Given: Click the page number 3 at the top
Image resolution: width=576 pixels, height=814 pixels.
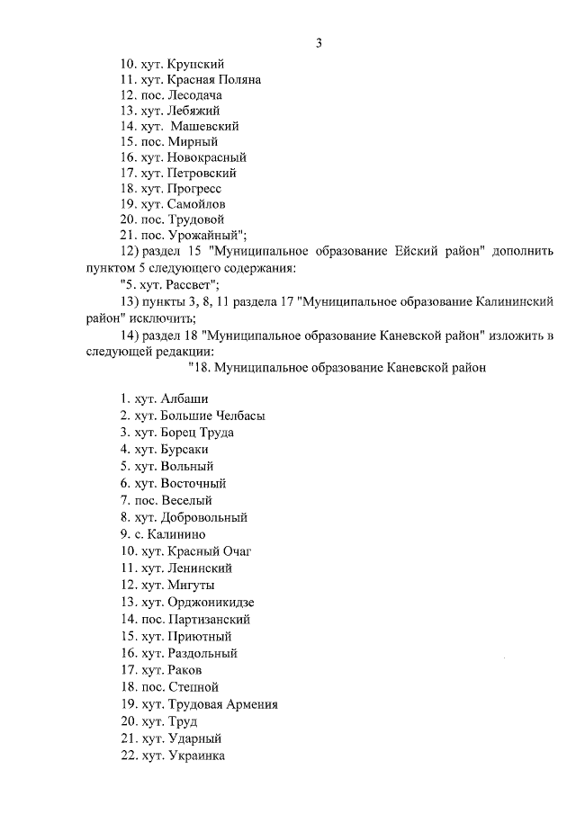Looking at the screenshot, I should pos(319,43).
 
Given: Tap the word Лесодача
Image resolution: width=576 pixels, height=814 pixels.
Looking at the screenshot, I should pos(194,95).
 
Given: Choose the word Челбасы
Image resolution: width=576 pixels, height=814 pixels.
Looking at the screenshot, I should pos(240,416).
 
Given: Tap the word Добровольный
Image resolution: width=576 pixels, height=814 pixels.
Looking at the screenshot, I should pos(204,517).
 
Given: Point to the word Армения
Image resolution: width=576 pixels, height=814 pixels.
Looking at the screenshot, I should pos(250,704).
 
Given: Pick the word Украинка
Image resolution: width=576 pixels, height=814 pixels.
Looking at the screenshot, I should pos(193,756).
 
